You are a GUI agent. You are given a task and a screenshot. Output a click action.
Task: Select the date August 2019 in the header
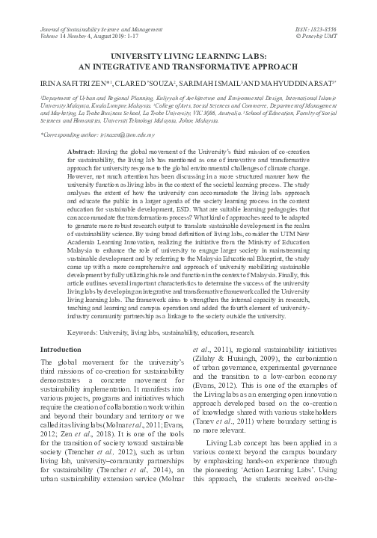108,14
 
